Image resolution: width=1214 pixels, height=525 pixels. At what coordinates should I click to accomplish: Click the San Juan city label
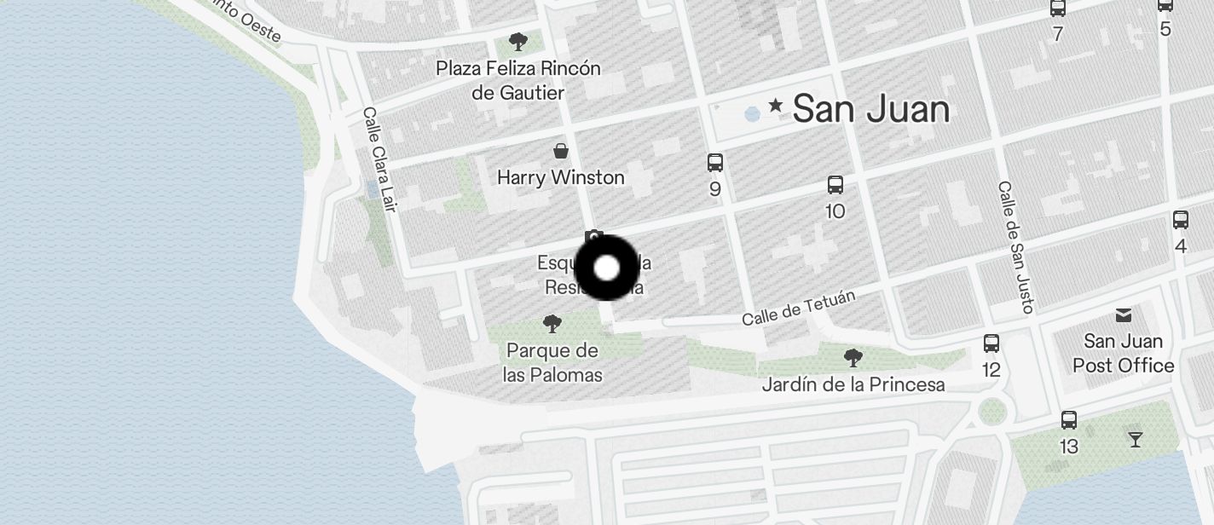[870, 109]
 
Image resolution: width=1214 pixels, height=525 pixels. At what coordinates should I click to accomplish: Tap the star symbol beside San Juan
[776, 106]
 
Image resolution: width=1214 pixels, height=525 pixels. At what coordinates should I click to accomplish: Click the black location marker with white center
[606, 268]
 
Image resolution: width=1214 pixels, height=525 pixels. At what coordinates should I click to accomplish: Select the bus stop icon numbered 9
[715, 162]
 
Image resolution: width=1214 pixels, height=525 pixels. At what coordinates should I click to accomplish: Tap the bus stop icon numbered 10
[835, 184]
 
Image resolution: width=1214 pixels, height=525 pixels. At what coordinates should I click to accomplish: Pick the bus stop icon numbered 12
[991, 343]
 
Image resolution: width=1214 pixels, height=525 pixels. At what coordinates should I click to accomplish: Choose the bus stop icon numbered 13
[1068, 419]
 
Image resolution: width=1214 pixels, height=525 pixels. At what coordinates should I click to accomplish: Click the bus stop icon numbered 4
[1181, 220]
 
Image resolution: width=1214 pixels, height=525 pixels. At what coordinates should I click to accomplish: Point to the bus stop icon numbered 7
[1058, 9]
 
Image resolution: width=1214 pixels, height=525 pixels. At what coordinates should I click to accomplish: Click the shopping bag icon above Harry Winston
[561, 152]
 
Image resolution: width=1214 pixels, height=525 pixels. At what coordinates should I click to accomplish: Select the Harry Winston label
[561, 177]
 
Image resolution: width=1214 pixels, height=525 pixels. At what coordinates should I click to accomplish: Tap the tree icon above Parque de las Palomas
[552, 324]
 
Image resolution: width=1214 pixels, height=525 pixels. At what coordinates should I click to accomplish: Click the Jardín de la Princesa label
[853, 384]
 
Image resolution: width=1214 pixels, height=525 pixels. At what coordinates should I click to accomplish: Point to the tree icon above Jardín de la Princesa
[852, 358]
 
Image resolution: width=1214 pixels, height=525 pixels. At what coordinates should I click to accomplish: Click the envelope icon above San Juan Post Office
[1124, 315]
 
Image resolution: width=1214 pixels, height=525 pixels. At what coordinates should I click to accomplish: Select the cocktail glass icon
[1135, 440]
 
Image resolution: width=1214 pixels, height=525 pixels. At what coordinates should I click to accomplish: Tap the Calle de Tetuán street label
[798, 308]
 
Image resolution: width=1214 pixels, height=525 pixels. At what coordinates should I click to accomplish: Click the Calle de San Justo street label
[1016, 247]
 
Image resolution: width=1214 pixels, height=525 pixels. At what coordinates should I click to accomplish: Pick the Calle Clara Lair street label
[380, 159]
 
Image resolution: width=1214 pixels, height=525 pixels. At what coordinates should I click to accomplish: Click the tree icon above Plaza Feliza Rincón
[517, 41]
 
